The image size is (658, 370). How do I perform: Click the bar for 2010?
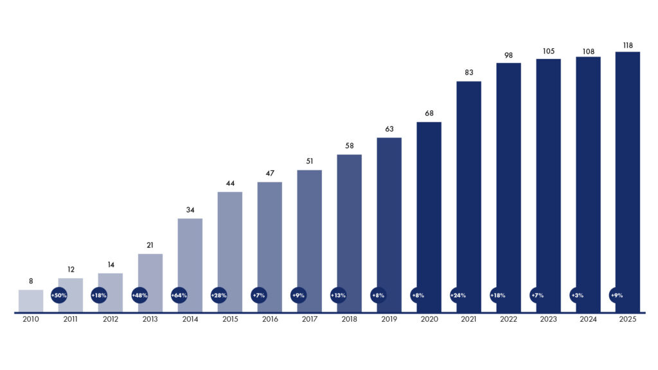(31, 301)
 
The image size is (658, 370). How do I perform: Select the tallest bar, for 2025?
(628, 182)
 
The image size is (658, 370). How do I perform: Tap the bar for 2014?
(190, 265)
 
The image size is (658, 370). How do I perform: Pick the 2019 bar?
(389, 225)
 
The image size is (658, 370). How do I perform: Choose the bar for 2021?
(468, 197)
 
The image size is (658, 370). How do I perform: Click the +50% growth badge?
(58, 295)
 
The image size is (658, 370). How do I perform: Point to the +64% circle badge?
(179, 295)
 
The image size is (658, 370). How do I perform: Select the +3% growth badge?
(578, 295)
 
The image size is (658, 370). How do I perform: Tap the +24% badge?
(458, 295)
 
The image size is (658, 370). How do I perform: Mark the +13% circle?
(338, 295)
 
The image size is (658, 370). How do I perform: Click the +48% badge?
(139, 295)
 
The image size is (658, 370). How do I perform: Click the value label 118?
(628, 46)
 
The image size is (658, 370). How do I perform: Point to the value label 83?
(468, 73)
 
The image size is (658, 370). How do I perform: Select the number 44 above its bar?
(230, 183)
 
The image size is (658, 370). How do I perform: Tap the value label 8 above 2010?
(31, 281)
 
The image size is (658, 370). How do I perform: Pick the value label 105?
(549, 51)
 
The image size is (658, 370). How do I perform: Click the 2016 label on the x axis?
(270, 319)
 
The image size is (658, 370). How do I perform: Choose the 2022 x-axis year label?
(509, 319)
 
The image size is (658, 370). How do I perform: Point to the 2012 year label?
(111, 319)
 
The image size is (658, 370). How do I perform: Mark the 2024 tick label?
(588, 319)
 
